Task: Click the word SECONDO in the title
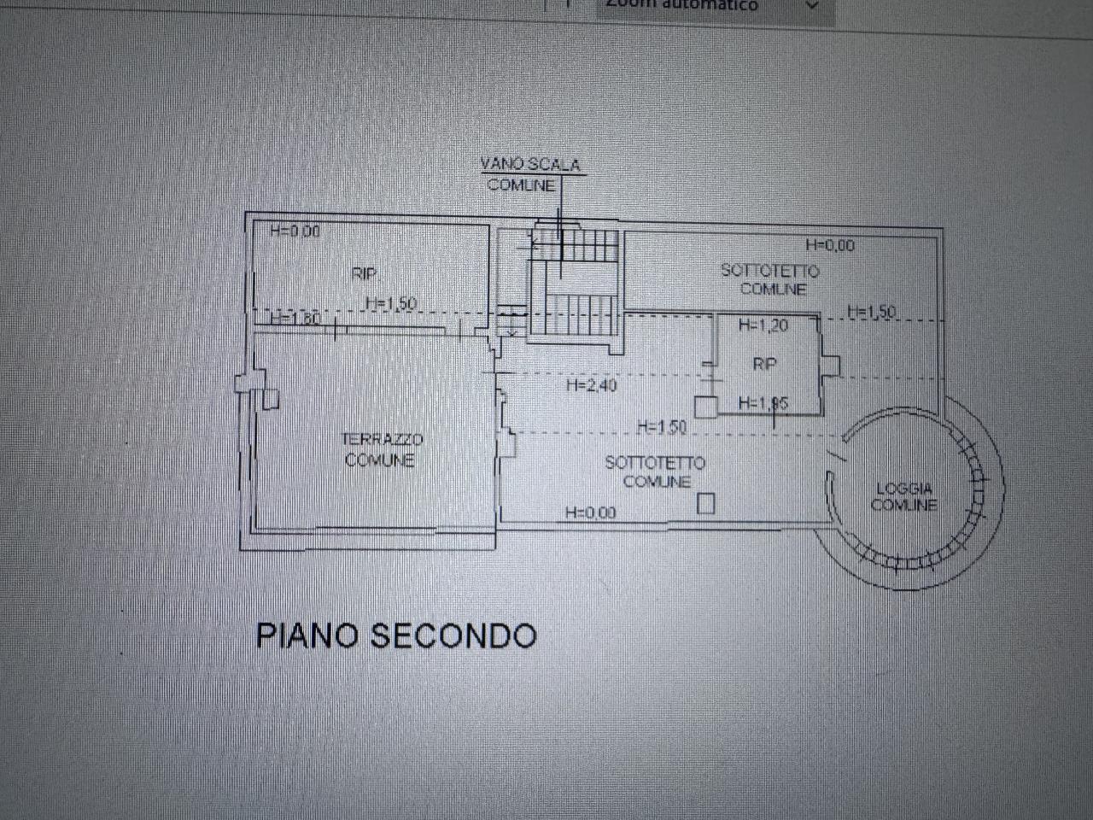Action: tap(453, 636)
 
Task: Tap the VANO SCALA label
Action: tap(529, 164)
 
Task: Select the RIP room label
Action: tap(364, 274)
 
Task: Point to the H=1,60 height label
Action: tap(295, 319)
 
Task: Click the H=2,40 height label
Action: tap(591, 386)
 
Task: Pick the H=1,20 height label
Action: tap(763, 325)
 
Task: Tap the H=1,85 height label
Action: tap(763, 403)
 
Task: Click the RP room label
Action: tap(764, 364)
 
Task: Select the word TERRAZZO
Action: tap(382, 440)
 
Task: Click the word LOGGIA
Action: tap(904, 489)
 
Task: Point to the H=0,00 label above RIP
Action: tap(295, 231)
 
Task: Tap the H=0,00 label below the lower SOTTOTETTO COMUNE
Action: tap(590, 512)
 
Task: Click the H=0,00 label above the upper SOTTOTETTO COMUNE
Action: tap(829, 246)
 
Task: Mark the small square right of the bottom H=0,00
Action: tap(705, 504)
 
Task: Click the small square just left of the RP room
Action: tap(705, 407)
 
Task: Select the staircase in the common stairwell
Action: tap(574, 282)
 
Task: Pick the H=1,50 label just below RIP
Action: tap(390, 303)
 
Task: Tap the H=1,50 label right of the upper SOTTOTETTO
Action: tap(872, 313)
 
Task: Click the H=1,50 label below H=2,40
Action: tap(662, 426)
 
